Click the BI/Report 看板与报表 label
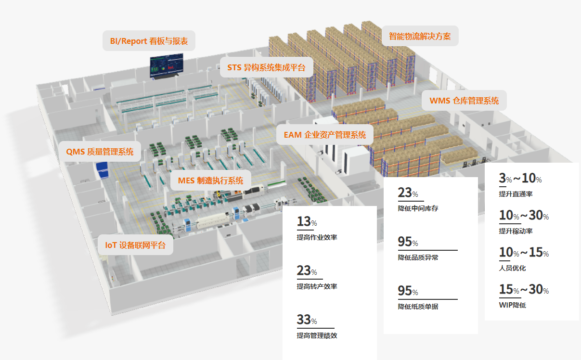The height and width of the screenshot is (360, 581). click(149, 41)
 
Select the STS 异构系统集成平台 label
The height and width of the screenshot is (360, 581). click(266, 67)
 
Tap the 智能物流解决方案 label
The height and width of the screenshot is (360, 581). click(420, 36)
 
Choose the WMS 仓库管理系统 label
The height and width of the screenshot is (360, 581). click(464, 101)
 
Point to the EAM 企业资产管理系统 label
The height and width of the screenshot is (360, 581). click(325, 135)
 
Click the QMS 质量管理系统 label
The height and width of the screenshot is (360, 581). click(100, 152)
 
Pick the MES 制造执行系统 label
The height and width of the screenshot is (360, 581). click(211, 180)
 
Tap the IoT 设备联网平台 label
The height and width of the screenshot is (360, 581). click(135, 245)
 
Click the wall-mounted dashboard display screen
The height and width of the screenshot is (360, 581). click(167, 65)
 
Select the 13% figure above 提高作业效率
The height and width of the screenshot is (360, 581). click(307, 221)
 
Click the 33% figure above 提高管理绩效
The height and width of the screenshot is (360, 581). click(307, 320)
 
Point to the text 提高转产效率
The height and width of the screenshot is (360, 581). click(317, 286)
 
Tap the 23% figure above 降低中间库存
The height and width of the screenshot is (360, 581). click(408, 193)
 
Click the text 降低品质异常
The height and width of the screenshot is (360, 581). click(418, 257)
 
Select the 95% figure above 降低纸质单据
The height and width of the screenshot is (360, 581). click(408, 291)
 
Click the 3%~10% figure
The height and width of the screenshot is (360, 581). click(520, 178)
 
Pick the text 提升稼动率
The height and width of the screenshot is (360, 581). click(516, 231)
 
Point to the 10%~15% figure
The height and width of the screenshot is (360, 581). click(524, 252)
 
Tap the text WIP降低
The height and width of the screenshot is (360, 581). click(513, 305)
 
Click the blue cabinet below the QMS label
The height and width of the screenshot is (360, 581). click(102, 170)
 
